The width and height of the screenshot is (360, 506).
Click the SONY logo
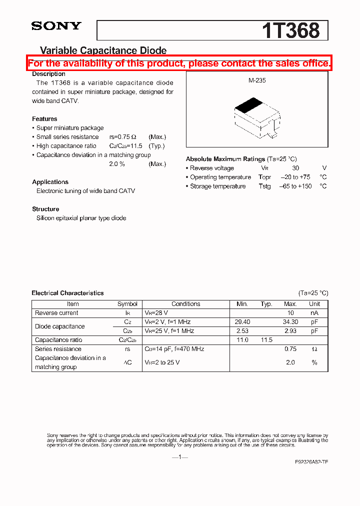(x=56, y=26)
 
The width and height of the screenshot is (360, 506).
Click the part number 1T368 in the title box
(x=290, y=30)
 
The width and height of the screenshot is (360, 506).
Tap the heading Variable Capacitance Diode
(x=103, y=50)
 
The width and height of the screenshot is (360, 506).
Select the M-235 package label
(x=257, y=80)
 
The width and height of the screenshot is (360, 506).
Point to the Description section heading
(x=48, y=74)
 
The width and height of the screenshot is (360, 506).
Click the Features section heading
(x=44, y=119)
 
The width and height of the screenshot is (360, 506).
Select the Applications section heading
(x=50, y=182)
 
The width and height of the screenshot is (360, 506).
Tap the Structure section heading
(x=45, y=209)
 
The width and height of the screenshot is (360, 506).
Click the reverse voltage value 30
(x=295, y=168)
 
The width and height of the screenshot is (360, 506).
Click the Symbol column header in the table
(x=127, y=304)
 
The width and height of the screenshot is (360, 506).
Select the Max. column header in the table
(x=290, y=304)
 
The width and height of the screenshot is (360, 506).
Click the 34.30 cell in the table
(x=290, y=322)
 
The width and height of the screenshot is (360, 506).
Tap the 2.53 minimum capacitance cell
(x=242, y=331)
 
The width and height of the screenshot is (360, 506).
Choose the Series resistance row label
(x=58, y=349)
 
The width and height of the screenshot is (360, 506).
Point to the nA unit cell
(x=314, y=313)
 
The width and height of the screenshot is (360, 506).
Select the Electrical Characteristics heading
(x=67, y=293)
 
